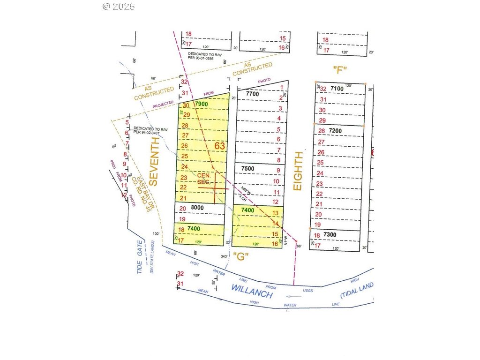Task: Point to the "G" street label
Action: (x=240, y=256)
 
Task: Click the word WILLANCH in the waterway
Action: (x=251, y=291)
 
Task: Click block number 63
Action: (x=220, y=146)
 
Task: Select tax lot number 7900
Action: (x=201, y=104)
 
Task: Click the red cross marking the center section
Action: (x=214, y=188)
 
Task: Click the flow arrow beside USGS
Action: (x=294, y=296)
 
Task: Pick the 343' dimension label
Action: (x=224, y=256)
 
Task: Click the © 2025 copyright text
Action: (x=118, y=6)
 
